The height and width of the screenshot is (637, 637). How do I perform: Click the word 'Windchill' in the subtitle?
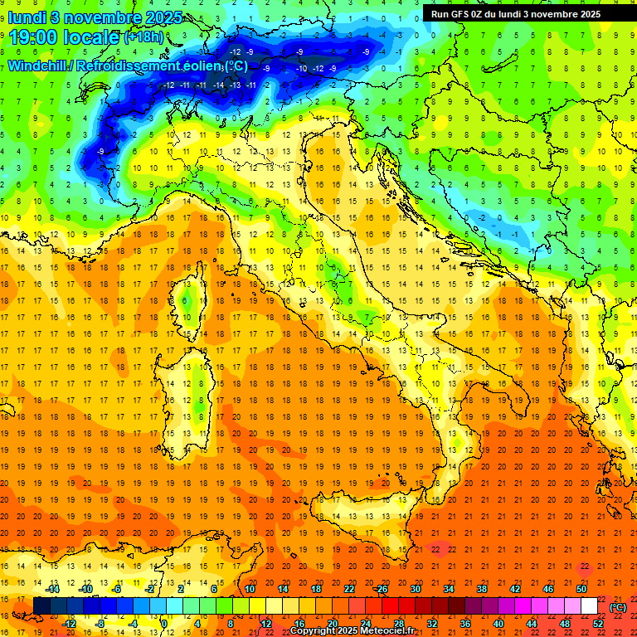[x=38, y=66]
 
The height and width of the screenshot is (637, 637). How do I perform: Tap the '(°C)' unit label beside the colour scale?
[x=618, y=607]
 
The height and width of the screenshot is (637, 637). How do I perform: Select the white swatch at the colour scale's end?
[x=589, y=606]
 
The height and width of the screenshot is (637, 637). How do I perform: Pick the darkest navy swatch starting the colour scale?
[x=41, y=606]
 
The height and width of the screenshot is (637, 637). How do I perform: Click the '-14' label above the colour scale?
[x=53, y=589]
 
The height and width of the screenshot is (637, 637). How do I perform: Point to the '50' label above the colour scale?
[x=581, y=589]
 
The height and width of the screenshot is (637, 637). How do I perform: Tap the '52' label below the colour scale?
[x=597, y=624]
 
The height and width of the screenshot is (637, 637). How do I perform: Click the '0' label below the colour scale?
[x=164, y=624]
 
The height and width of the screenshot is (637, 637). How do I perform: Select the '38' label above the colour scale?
[x=482, y=589]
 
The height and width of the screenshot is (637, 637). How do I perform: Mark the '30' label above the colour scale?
[x=416, y=589]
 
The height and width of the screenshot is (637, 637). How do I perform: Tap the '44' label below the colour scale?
[x=532, y=624]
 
